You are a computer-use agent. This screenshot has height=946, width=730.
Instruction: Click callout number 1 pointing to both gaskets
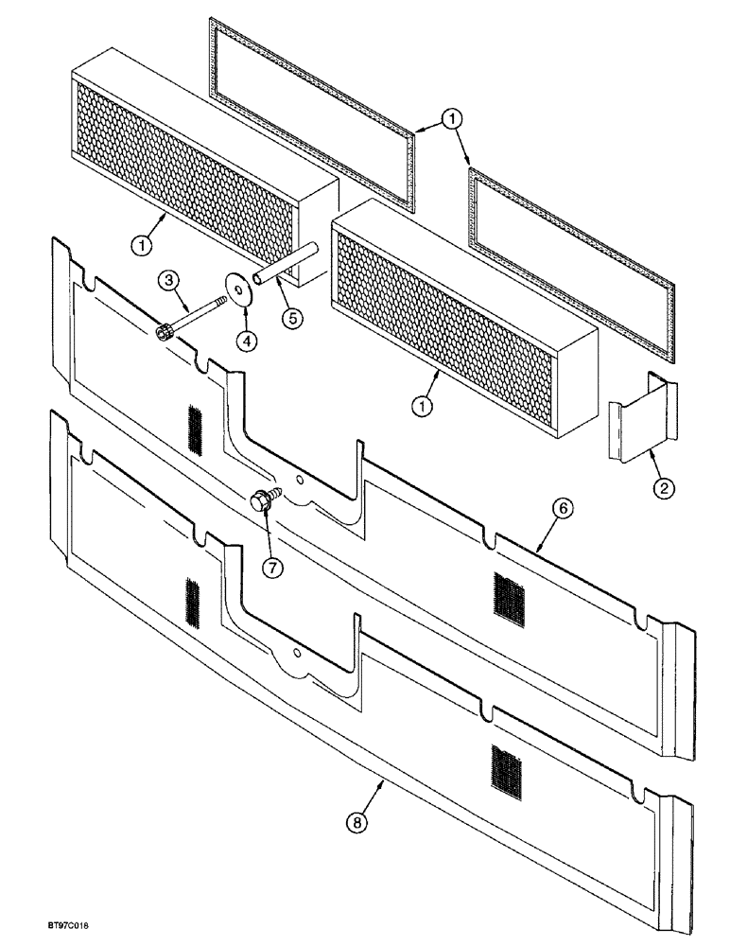pos(453,119)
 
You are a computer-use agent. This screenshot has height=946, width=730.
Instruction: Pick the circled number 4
pos(246,338)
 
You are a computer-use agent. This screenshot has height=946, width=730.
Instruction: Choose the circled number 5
pos(293,318)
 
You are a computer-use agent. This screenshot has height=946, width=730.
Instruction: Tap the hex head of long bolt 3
pos(163,332)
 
